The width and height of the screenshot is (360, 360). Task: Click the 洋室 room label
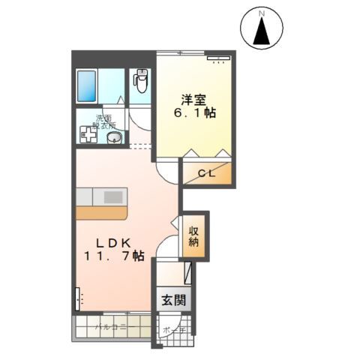pyautogui.click(x=192, y=98)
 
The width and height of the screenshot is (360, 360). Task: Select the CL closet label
pyautogui.click(x=206, y=174)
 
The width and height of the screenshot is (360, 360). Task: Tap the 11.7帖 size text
pyautogui.click(x=112, y=256)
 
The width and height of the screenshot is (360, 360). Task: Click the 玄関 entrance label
pyautogui.click(x=170, y=301)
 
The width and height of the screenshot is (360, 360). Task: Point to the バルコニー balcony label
pyautogui.click(x=112, y=328)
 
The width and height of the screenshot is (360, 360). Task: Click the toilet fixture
pyautogui.click(x=141, y=80)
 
